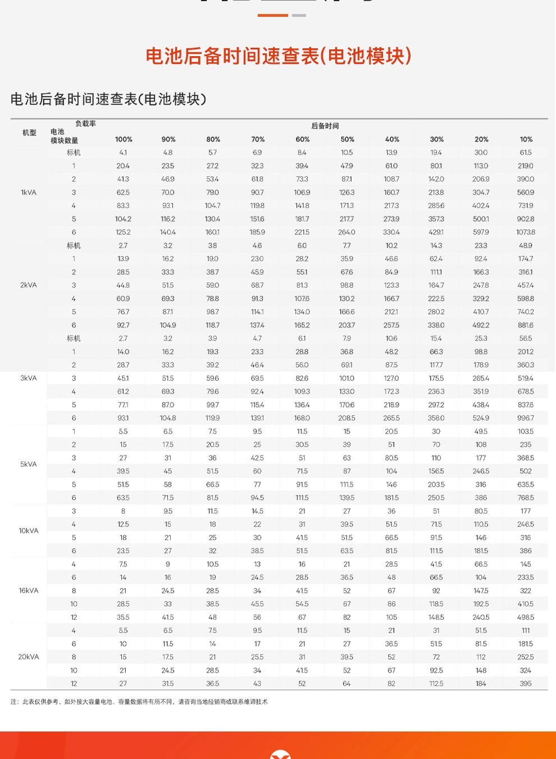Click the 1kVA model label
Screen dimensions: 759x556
click(x=29, y=193)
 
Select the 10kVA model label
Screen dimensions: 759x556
click(x=29, y=531)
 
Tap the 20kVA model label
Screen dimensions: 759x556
click(x=29, y=657)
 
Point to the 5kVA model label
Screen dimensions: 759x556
click(x=29, y=464)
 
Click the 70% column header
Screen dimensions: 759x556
click(x=258, y=139)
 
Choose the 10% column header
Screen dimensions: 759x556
click(x=526, y=139)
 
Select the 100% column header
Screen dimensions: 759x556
click(x=124, y=139)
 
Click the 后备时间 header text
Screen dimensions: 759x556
click(x=325, y=126)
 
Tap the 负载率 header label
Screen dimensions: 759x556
click(x=85, y=124)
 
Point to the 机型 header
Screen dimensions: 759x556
click(x=29, y=132)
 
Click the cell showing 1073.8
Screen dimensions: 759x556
click(x=526, y=232)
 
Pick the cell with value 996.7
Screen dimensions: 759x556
click(x=526, y=418)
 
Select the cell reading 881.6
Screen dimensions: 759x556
click(x=526, y=325)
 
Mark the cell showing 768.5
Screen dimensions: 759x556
click(x=526, y=498)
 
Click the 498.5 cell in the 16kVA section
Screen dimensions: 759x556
click(x=526, y=618)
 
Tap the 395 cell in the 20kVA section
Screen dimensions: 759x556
click(x=526, y=684)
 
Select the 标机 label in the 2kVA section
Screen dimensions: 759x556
click(x=74, y=246)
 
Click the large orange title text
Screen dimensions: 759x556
click(x=278, y=56)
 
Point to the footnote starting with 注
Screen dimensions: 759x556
click(x=139, y=702)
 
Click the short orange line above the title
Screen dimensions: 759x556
click(x=273, y=15)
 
